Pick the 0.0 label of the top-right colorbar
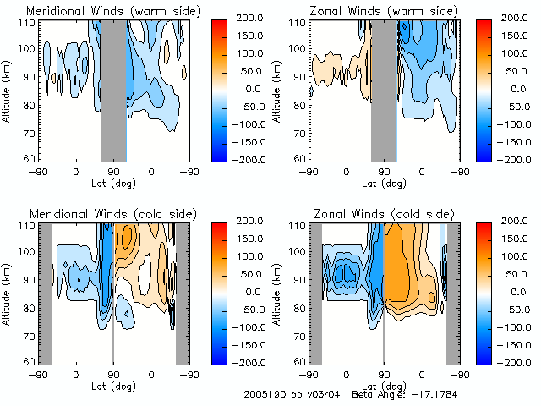pyautogui.click(x=522, y=89)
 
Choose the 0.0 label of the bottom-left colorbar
pyautogui.click(x=254, y=291)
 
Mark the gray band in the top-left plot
pyautogui.click(x=114, y=89)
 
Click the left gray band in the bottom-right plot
pyautogui.click(x=314, y=292)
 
